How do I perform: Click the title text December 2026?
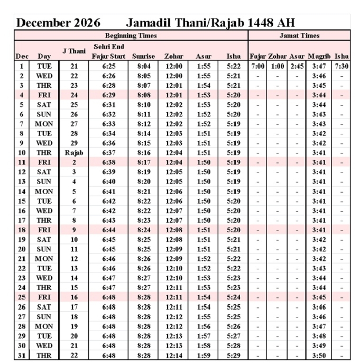(x=58, y=23)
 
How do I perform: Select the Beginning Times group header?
(x=131, y=36)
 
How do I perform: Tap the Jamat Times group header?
(x=299, y=36)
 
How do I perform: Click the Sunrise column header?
(x=143, y=56)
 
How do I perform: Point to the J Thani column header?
(x=74, y=51)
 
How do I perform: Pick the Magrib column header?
(x=319, y=56)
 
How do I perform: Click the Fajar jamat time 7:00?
(x=258, y=66)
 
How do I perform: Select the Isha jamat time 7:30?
(x=341, y=66)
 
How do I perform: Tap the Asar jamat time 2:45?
(x=297, y=66)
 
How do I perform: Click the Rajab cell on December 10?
(x=74, y=153)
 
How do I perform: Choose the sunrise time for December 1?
(x=143, y=66)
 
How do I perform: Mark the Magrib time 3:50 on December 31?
(x=319, y=356)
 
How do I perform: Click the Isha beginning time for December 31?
(x=233, y=356)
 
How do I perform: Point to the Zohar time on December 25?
(x=174, y=297)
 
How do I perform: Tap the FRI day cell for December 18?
(x=44, y=230)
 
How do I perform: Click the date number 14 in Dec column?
(x=22, y=192)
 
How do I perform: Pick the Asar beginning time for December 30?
(x=203, y=346)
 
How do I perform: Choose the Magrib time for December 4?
(x=319, y=95)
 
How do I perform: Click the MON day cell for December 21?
(x=44, y=259)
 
